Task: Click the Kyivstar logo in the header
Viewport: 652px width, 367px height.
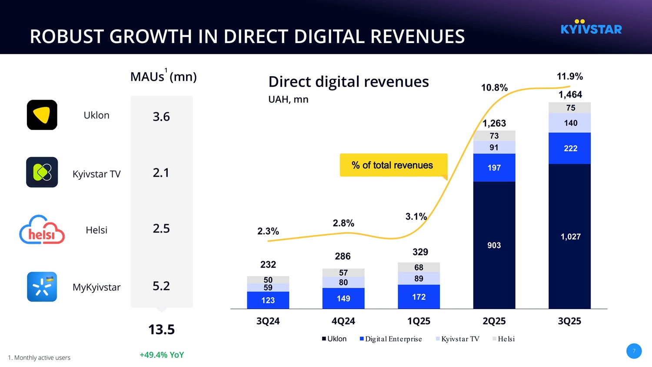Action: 591,27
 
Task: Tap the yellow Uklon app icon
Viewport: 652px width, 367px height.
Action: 42,115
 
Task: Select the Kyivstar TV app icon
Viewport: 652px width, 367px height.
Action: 42,172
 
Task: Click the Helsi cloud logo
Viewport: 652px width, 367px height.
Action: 42,230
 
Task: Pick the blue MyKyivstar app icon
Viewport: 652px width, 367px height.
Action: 42,287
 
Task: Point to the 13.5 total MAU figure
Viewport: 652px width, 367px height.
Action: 161,330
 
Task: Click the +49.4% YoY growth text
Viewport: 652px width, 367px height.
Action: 162,355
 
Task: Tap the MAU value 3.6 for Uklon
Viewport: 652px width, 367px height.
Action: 161,117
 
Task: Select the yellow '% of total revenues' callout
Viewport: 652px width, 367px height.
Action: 393,165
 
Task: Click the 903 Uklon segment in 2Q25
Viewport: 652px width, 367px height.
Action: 494,245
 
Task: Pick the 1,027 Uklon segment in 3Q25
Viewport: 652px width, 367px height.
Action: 570,236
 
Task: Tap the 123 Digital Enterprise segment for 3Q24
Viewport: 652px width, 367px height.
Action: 268,300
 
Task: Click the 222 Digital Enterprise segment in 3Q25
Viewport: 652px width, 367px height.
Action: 570,148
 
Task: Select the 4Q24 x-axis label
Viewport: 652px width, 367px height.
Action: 343,321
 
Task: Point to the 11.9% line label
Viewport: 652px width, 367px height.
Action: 569,77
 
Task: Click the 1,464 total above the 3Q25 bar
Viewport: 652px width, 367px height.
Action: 570,94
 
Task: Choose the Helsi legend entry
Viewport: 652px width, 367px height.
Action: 504,339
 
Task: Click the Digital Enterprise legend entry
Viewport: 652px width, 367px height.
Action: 391,339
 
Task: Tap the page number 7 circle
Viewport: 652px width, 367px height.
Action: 634,351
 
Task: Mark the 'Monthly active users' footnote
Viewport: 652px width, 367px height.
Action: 39,358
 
